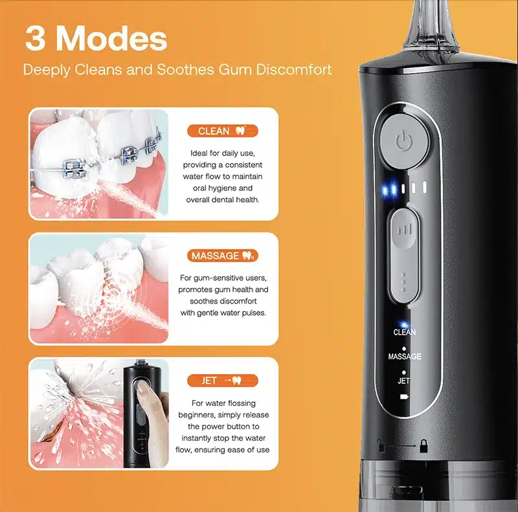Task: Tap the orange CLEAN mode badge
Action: tap(223, 131)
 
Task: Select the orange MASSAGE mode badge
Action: tap(223, 256)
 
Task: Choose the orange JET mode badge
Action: tap(223, 381)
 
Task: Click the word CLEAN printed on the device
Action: tap(404, 332)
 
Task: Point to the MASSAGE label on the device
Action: tap(405, 357)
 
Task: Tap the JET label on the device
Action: tap(403, 381)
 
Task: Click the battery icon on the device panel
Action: tap(404, 396)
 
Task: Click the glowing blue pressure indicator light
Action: tap(389, 189)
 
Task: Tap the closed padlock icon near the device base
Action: tap(423, 446)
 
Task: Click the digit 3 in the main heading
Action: tap(35, 39)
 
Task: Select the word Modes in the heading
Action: tap(111, 38)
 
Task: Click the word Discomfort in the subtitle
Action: tap(294, 70)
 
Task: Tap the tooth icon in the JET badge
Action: tap(236, 381)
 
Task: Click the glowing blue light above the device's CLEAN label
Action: tap(403, 324)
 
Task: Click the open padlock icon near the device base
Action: tap(381, 445)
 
